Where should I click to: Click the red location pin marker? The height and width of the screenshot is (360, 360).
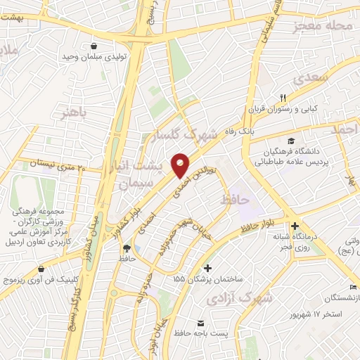(181, 165)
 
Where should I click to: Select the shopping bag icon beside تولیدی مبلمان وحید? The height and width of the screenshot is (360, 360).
(94, 46)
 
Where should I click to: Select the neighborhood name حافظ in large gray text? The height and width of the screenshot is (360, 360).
(235, 201)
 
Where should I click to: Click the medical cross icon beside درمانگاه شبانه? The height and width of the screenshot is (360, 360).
(295, 226)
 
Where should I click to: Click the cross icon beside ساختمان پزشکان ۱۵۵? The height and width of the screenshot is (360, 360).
(207, 267)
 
